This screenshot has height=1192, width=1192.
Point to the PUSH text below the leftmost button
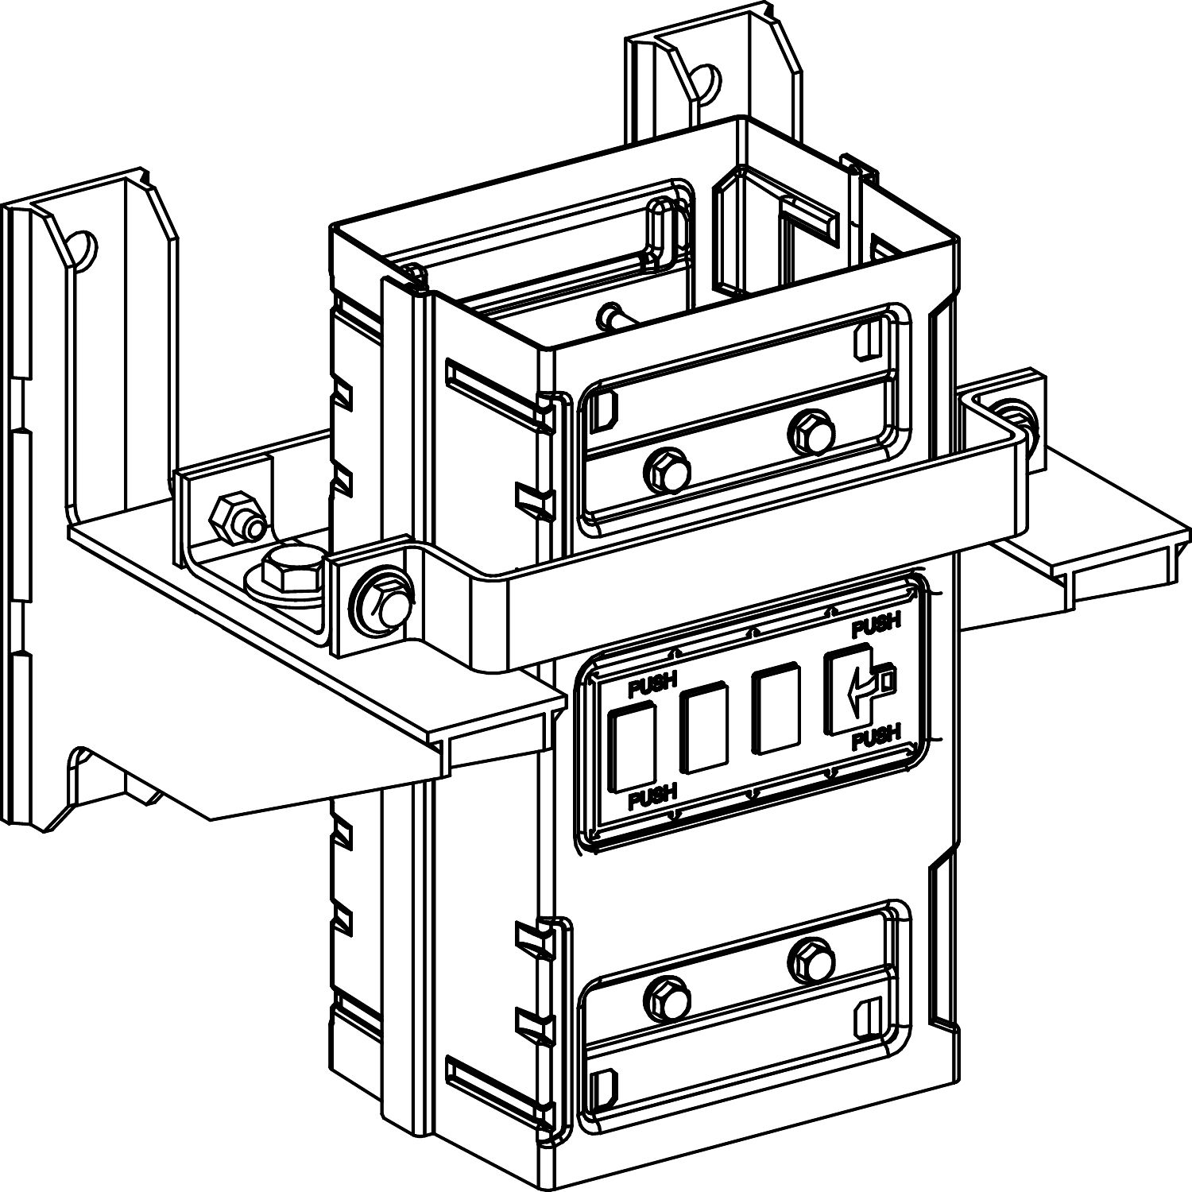pos(652,797)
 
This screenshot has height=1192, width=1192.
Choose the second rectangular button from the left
pos(703,730)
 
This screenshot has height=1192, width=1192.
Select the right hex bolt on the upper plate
pos(811,432)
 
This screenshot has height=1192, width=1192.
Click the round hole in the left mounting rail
pos(81,249)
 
